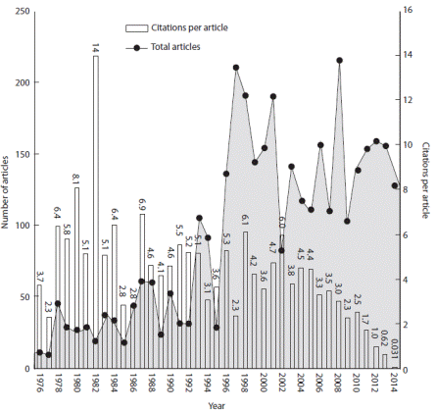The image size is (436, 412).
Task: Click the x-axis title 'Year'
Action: [x=218, y=403]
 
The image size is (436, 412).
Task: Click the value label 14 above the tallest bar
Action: [x=95, y=47]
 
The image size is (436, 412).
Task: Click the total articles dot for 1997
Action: [x=236, y=68]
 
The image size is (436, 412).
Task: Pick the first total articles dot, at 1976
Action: [x=39, y=352]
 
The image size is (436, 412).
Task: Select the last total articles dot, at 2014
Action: [x=395, y=185]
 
